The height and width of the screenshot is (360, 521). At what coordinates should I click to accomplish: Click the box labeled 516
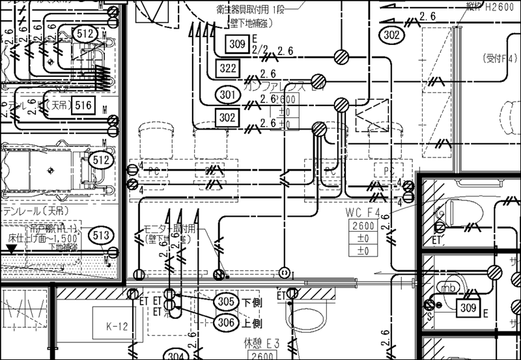83,105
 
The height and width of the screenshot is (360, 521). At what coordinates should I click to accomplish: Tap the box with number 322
228,68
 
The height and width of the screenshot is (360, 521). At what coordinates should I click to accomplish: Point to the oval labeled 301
227,95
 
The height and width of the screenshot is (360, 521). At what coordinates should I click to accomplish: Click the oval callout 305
226,301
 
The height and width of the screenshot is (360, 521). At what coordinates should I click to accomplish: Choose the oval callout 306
226,321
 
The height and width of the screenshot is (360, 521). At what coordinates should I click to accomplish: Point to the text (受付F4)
500,58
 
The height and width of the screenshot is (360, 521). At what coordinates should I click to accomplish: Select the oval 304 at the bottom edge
176,355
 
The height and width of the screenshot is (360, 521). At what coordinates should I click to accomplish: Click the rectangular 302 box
228,117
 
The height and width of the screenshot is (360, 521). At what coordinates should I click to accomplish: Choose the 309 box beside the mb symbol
468,307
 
